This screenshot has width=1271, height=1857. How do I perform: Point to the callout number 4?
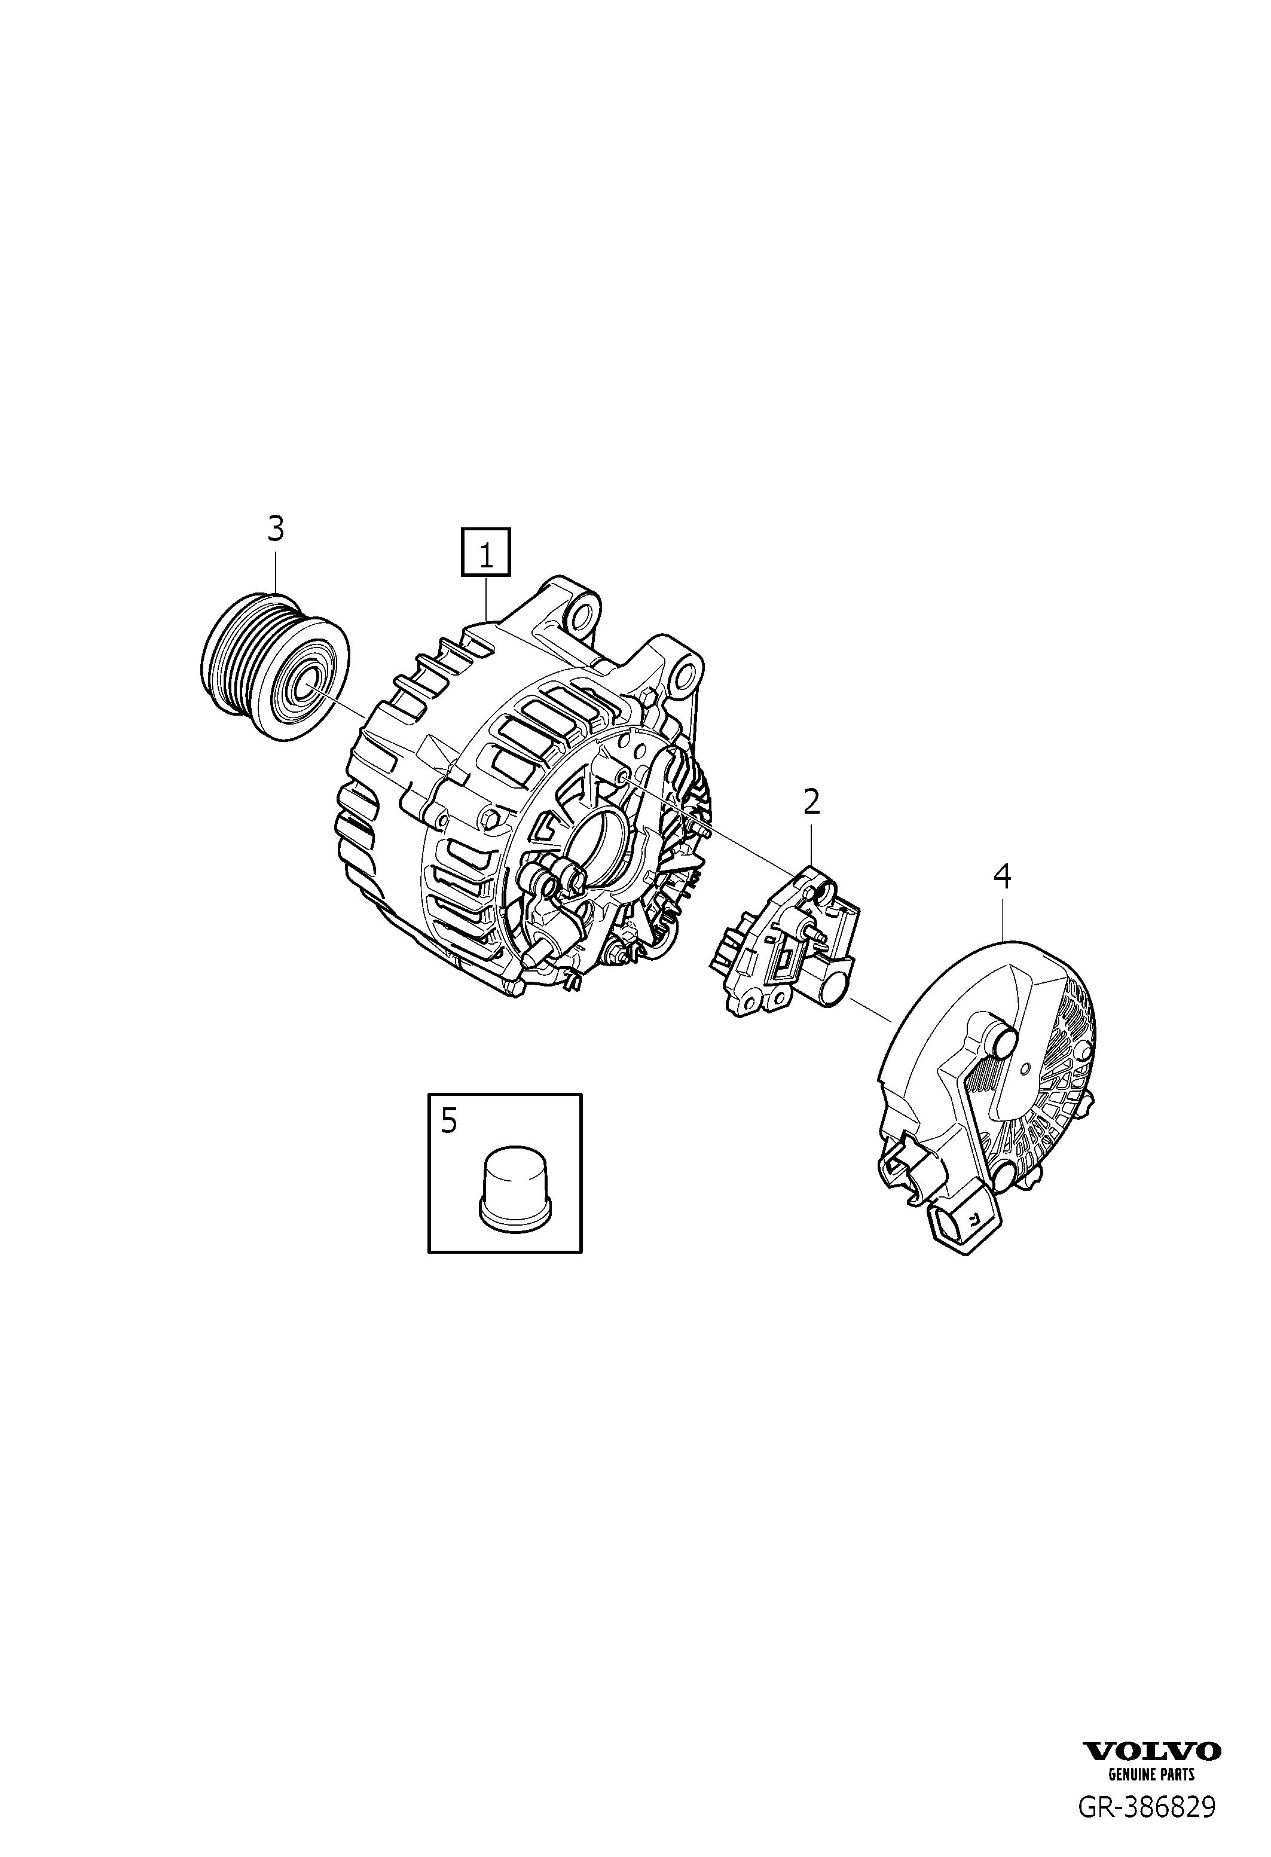[1002, 876]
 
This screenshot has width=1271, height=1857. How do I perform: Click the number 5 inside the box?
[449, 1121]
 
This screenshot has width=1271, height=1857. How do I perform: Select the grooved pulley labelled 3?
[273, 667]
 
